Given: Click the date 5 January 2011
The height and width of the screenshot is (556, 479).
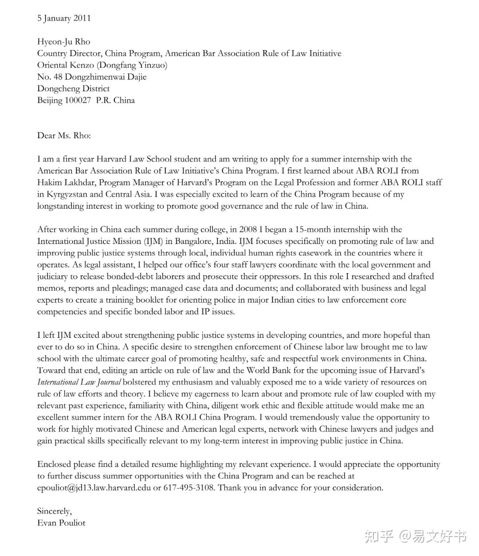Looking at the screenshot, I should point(64,18).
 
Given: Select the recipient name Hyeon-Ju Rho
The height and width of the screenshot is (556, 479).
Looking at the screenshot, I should point(63,42).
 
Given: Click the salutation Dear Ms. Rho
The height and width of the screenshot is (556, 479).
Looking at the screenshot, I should point(63,135).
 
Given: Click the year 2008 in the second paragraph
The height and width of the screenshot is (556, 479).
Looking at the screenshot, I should point(248,230).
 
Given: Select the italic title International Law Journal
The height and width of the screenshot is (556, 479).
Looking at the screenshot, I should point(79,382).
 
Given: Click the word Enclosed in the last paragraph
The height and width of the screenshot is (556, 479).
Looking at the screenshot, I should point(54,464).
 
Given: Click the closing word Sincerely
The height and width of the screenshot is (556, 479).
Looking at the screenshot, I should point(54,511).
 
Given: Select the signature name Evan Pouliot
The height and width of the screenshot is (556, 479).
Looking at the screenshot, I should point(61,523).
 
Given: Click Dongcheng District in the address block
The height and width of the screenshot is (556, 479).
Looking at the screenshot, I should point(73,89).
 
